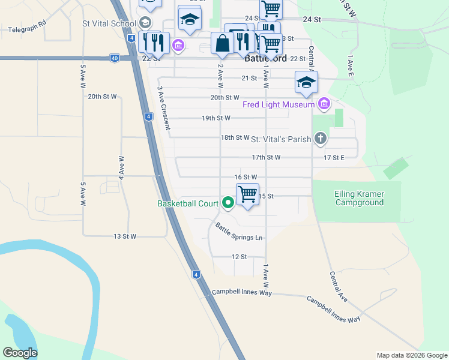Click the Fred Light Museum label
(279, 105)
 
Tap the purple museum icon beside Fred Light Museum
(324, 104)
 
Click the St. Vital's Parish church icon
(321, 139)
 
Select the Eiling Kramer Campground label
(359, 198)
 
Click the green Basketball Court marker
(228, 203)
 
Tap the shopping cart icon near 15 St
(247, 194)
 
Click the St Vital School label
(109, 24)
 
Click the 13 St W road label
(125, 236)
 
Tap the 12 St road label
(239, 257)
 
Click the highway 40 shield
(114, 58)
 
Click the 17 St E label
(334, 158)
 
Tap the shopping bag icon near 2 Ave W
(222, 43)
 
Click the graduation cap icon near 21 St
(306, 82)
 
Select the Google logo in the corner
(20, 353)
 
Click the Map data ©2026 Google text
(411, 355)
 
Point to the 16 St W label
(246, 177)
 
